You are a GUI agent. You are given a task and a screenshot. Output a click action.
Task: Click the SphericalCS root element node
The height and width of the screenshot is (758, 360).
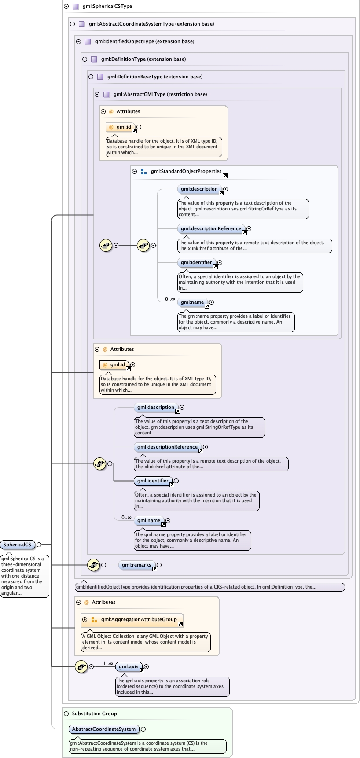point(18,545)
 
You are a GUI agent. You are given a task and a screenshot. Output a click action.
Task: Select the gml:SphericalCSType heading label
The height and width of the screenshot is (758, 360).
point(107,7)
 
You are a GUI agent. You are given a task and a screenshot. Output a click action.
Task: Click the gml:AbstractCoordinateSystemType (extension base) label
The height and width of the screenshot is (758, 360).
point(151,24)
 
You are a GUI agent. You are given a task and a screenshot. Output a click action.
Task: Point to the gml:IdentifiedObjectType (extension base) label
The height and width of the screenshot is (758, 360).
point(144,42)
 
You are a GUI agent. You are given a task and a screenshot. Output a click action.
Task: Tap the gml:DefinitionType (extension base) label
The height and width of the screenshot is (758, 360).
point(143,59)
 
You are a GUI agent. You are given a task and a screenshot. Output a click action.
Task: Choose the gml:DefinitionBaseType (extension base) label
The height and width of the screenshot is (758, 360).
point(154,77)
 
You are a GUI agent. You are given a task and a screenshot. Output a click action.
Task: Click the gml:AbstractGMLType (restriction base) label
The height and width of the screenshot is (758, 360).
point(160,95)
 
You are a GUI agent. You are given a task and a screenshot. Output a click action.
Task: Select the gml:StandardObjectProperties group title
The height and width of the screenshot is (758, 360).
point(186,171)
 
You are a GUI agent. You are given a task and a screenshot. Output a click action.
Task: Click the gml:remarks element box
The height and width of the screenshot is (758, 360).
point(136,565)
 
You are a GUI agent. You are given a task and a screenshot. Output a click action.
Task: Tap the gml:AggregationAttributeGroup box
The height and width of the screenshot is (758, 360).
point(139,619)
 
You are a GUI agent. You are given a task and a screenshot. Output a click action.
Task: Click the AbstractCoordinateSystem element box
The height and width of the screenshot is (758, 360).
point(104,729)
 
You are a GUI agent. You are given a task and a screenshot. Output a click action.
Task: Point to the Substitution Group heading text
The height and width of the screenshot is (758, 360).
point(94,714)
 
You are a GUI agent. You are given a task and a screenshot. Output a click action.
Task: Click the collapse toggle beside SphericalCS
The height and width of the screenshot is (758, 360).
point(39,545)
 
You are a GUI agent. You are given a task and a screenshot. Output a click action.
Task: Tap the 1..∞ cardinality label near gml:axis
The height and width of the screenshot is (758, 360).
point(108,663)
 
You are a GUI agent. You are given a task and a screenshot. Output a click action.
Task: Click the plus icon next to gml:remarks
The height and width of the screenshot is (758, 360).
point(159,565)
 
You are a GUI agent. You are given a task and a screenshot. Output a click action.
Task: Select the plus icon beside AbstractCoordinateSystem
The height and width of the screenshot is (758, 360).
point(143,729)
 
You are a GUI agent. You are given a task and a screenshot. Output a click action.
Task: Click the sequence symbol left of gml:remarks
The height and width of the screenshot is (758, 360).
point(93,565)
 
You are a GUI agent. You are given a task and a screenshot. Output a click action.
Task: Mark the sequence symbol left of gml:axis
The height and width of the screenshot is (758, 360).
point(81,666)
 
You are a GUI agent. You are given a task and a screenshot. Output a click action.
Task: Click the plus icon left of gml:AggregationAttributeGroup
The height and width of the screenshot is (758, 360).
point(85,619)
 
